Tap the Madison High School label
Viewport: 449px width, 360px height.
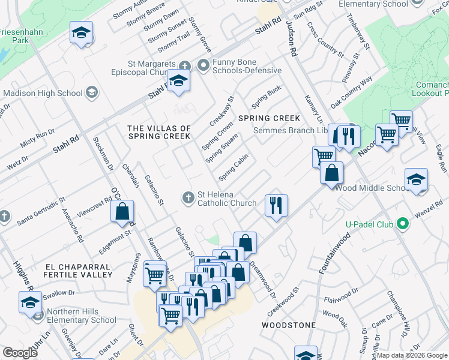pyautogui.click(x=43, y=93)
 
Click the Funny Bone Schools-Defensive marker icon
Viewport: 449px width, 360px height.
pyautogui.click(x=203, y=65)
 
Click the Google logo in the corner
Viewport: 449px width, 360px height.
pyautogui.click(x=20, y=353)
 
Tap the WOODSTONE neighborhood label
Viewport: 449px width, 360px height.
pyautogui.click(x=289, y=325)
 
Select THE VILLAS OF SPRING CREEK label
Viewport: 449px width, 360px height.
pyautogui.click(x=159, y=132)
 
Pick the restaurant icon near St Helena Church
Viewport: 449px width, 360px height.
pyautogui.click(x=276, y=206)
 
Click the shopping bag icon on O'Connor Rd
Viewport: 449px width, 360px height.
pyautogui.click(x=122, y=211)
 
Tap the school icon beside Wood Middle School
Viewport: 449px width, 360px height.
pyautogui.click(x=416, y=180)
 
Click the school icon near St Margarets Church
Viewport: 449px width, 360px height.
pyautogui.click(x=178, y=82)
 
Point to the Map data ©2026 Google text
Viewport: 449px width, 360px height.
pyautogui.click(x=412, y=355)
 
